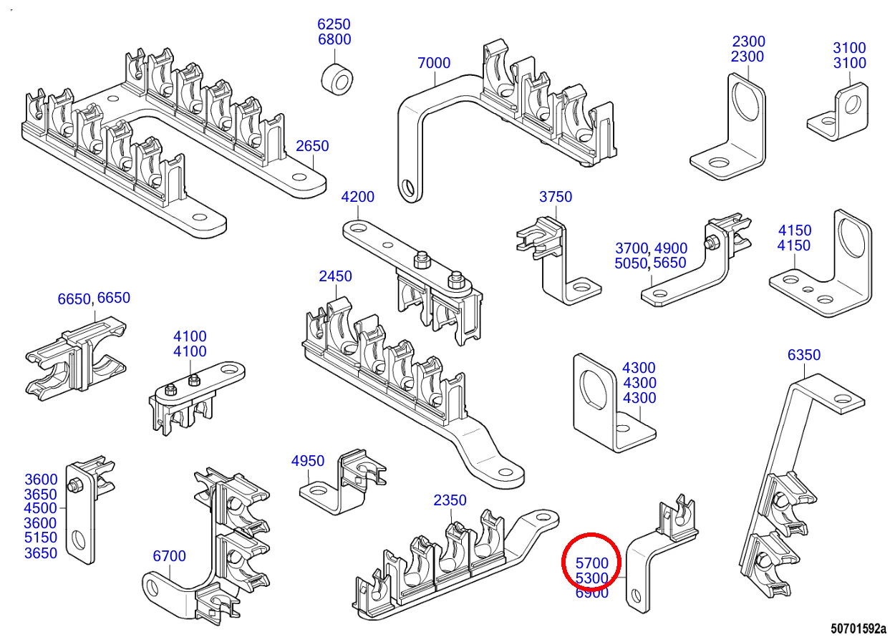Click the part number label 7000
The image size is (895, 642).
pyautogui.click(x=434, y=63)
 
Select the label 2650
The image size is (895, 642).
pyautogui.click(x=312, y=146)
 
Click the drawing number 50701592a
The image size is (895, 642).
pyautogui.click(x=858, y=629)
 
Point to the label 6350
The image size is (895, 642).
pyautogui.click(x=804, y=355)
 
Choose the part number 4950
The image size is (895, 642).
pyautogui.click(x=308, y=461)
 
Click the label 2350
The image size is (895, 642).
pyautogui.click(x=450, y=500)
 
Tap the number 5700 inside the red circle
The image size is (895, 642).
pyautogui.click(x=592, y=563)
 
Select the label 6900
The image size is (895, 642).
pyautogui.click(x=592, y=593)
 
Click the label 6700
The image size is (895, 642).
pyautogui.click(x=170, y=556)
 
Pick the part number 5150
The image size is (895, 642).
pyautogui.click(x=41, y=538)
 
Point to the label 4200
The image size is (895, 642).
pyautogui.click(x=358, y=197)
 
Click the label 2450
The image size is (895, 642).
pyautogui.click(x=336, y=276)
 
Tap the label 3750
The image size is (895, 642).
pyautogui.click(x=556, y=197)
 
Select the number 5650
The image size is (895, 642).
pyautogui.click(x=669, y=263)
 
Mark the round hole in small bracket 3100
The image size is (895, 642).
pyautogui.click(x=853, y=104)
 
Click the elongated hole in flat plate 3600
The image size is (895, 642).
pyautogui.click(x=79, y=538)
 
